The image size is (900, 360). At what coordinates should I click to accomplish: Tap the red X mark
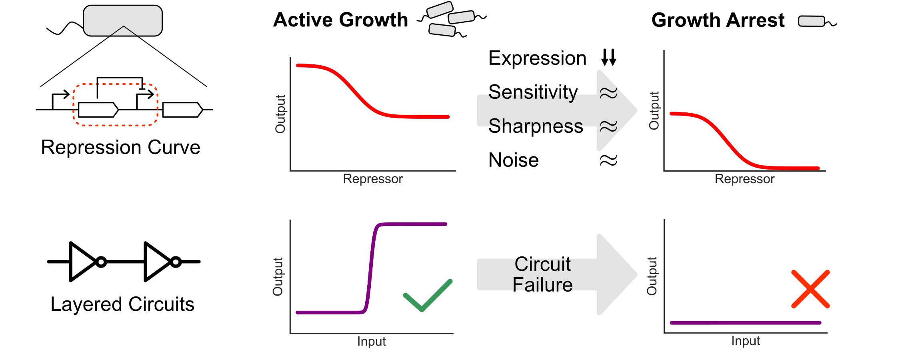click(x=810, y=289)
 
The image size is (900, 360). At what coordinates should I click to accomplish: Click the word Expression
click(x=537, y=58)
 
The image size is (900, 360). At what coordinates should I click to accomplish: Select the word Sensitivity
click(x=533, y=92)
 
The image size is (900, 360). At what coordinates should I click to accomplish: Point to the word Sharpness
click(x=536, y=126)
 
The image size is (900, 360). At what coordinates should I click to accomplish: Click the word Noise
click(x=514, y=160)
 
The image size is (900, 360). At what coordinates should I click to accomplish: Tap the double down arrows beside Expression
click(x=608, y=58)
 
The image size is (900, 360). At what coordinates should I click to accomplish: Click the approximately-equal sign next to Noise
click(x=608, y=161)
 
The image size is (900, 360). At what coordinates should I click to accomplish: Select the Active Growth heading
click(x=340, y=20)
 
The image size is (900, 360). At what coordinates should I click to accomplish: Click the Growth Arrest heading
click(x=718, y=20)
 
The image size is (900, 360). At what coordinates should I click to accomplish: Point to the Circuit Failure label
click(x=543, y=274)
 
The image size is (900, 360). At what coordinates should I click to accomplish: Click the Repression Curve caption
click(x=120, y=147)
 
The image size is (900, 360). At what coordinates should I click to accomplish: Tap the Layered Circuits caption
click(x=122, y=304)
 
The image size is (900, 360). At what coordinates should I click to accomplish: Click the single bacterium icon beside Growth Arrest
click(x=812, y=21)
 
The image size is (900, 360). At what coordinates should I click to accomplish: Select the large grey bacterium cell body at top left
click(x=123, y=20)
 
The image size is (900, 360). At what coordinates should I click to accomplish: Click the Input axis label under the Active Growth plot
click(x=371, y=342)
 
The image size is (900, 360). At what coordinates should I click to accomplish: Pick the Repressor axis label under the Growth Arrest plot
click(x=744, y=179)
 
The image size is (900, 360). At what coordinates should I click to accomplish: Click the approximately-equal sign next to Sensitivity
click(x=608, y=93)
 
